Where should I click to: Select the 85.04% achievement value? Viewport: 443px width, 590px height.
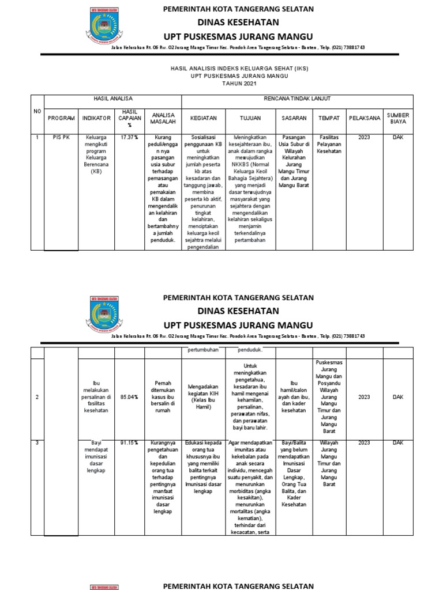129,397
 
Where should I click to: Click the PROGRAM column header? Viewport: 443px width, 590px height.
61,118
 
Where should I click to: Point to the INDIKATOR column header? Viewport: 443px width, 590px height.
96,118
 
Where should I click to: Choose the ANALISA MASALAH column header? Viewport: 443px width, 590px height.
163,119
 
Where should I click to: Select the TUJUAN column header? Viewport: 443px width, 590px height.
250,118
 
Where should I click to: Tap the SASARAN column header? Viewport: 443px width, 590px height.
294,118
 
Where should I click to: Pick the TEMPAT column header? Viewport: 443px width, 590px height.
329,118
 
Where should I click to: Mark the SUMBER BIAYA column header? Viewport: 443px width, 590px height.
398,119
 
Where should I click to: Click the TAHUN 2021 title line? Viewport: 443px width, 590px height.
239,84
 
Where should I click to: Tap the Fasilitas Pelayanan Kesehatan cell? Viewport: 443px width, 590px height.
329,145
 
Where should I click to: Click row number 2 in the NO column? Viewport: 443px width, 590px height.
37,397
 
